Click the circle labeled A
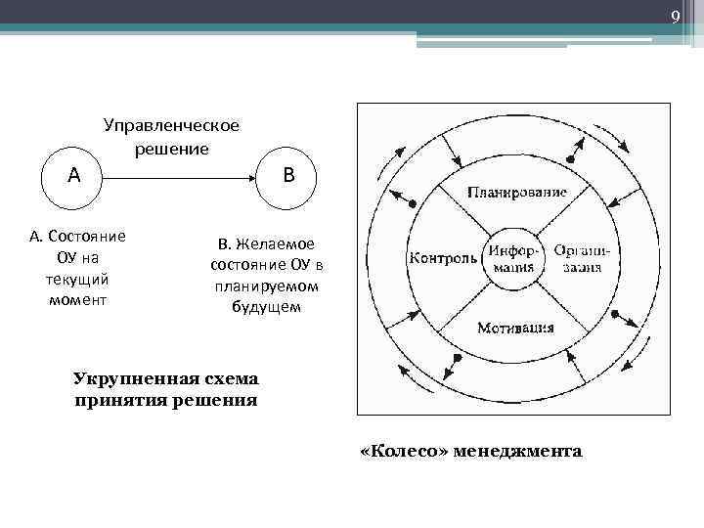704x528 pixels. (74, 177)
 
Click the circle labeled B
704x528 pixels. (287, 177)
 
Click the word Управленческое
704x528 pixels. (171, 125)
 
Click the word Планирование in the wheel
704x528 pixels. (515, 190)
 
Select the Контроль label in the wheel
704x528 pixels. (443, 258)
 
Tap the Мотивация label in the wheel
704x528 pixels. (515, 328)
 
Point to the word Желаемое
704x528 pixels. (278, 243)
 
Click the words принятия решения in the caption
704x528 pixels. (166, 400)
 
